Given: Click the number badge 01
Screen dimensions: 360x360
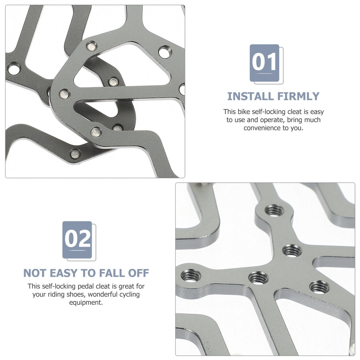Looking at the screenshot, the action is [266, 64].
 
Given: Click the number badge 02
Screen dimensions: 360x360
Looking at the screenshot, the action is [79, 241].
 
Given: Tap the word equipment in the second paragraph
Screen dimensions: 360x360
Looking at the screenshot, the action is [86, 303].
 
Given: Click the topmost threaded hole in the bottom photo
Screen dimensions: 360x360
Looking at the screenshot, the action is [274, 210].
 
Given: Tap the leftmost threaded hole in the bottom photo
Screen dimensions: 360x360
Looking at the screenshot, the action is [191, 275].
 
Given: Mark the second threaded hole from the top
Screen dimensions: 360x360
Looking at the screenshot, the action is [292, 251].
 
